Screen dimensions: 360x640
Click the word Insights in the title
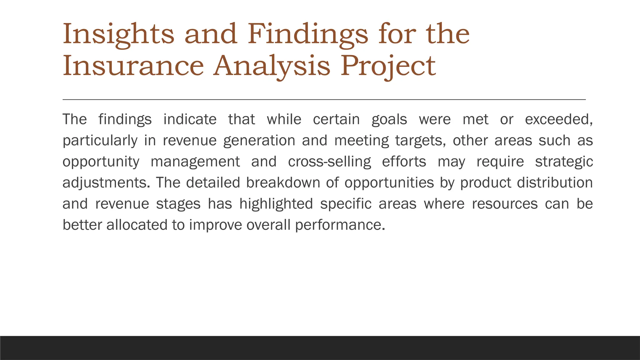coord(118,34)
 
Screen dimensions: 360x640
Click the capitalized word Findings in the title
coord(308,34)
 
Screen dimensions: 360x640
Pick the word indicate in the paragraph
coord(190,119)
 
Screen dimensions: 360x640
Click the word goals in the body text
coord(389,119)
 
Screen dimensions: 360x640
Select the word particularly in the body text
coord(100,141)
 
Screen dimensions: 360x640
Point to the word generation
coord(259,141)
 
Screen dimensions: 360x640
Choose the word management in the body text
coord(195,162)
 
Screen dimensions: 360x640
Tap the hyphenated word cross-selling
coord(329,162)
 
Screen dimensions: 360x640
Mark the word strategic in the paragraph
coord(564,162)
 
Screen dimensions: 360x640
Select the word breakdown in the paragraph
coord(283,183)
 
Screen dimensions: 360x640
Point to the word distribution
coord(555,183)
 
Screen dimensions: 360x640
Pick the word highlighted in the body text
coord(276,204)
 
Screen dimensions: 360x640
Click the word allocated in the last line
coord(137,225)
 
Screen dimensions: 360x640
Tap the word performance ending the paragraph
coord(340,225)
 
